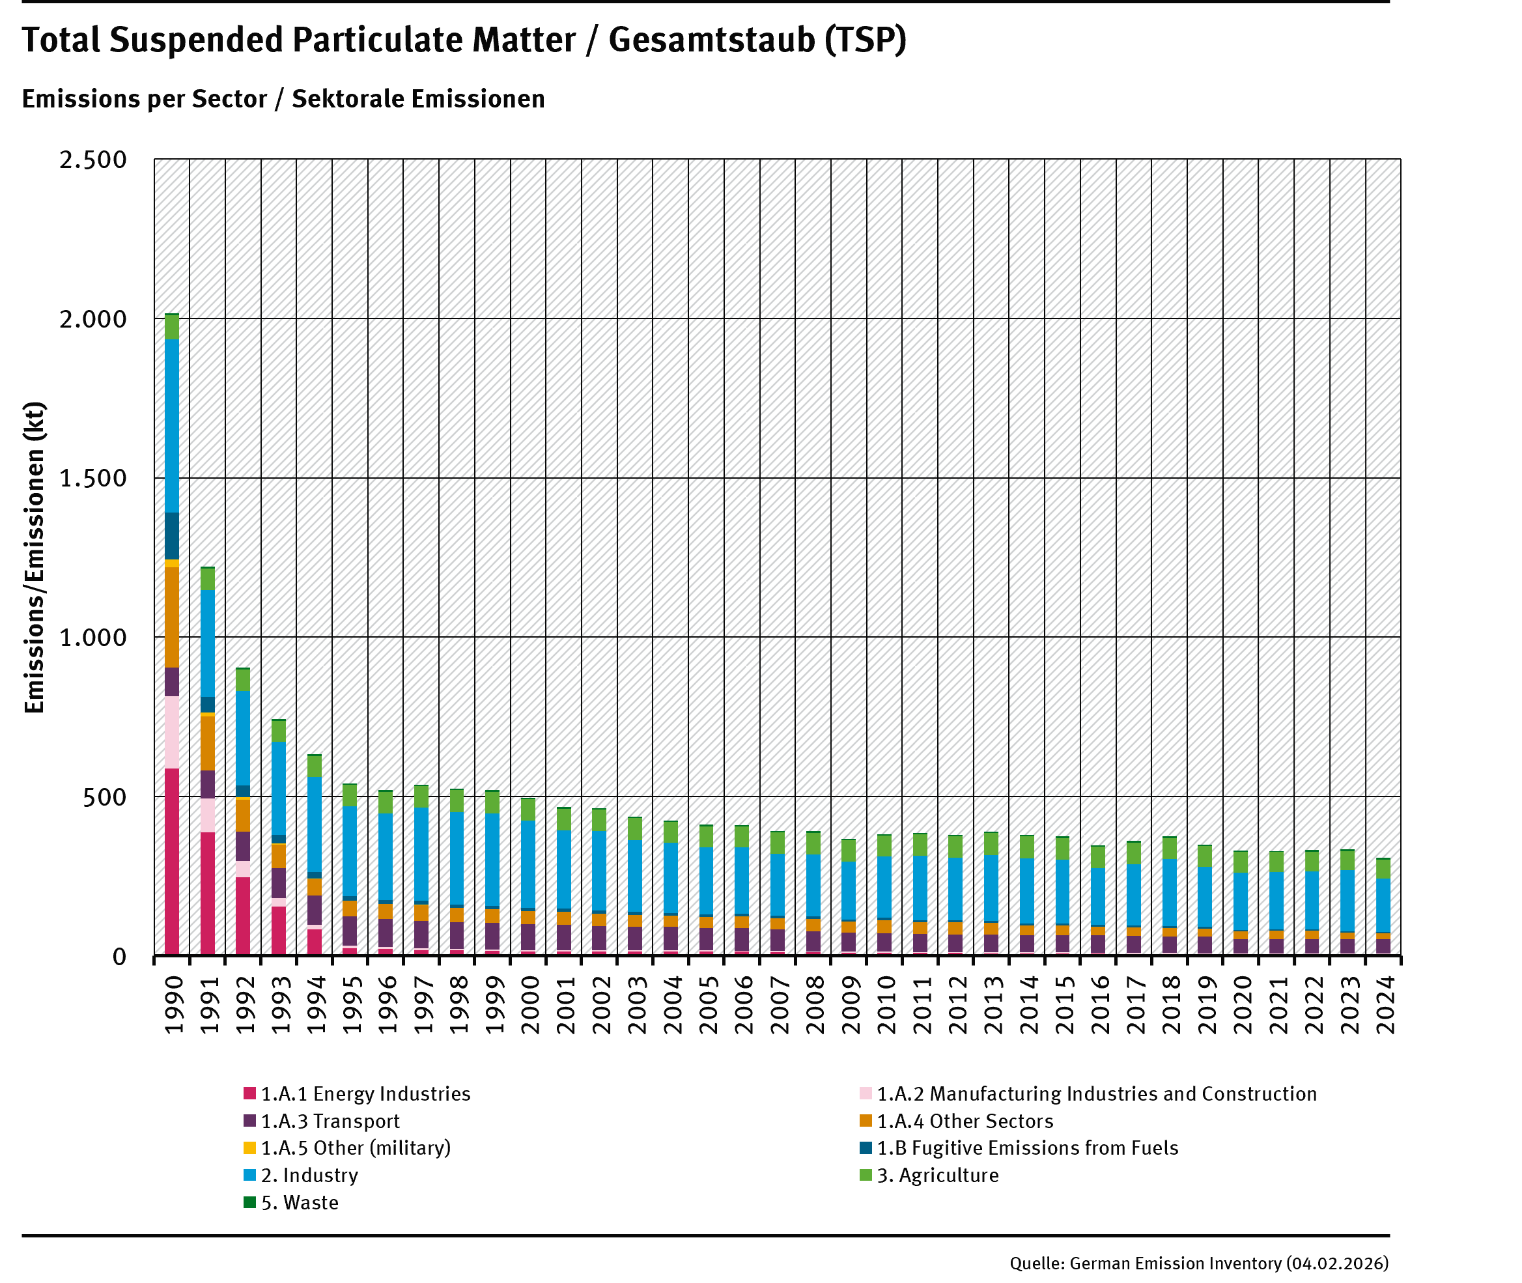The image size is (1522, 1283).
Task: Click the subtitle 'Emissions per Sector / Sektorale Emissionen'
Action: point(283,99)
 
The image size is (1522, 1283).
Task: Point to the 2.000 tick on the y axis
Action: point(93,318)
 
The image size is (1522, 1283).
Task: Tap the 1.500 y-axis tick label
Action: point(93,478)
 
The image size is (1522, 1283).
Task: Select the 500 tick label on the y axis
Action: point(104,797)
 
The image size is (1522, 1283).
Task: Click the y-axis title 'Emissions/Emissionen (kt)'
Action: point(34,557)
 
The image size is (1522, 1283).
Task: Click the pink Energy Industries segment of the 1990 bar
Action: point(172,861)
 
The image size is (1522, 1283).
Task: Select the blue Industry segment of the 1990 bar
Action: point(172,426)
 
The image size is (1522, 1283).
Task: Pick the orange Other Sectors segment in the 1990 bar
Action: point(172,617)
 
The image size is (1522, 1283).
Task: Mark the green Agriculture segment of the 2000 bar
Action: point(528,810)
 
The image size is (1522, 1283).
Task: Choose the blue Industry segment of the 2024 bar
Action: point(1383,905)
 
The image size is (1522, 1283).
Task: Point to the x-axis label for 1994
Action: point(315,1004)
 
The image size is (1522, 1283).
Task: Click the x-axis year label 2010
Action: point(885,1004)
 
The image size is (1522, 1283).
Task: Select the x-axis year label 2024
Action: point(1384,1004)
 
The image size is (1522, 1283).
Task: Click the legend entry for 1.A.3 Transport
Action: point(330,1121)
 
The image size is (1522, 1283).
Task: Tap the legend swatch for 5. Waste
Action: point(249,1202)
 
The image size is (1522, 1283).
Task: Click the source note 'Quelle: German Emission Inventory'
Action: point(1199,1263)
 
